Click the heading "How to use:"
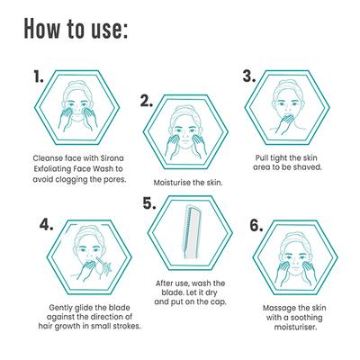76,29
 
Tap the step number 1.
39,77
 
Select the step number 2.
147,101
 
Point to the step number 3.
249,76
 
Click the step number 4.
47,224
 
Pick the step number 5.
149,203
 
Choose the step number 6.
256,225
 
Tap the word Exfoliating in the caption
52,169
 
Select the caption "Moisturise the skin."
188,183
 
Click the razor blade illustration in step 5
191,231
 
